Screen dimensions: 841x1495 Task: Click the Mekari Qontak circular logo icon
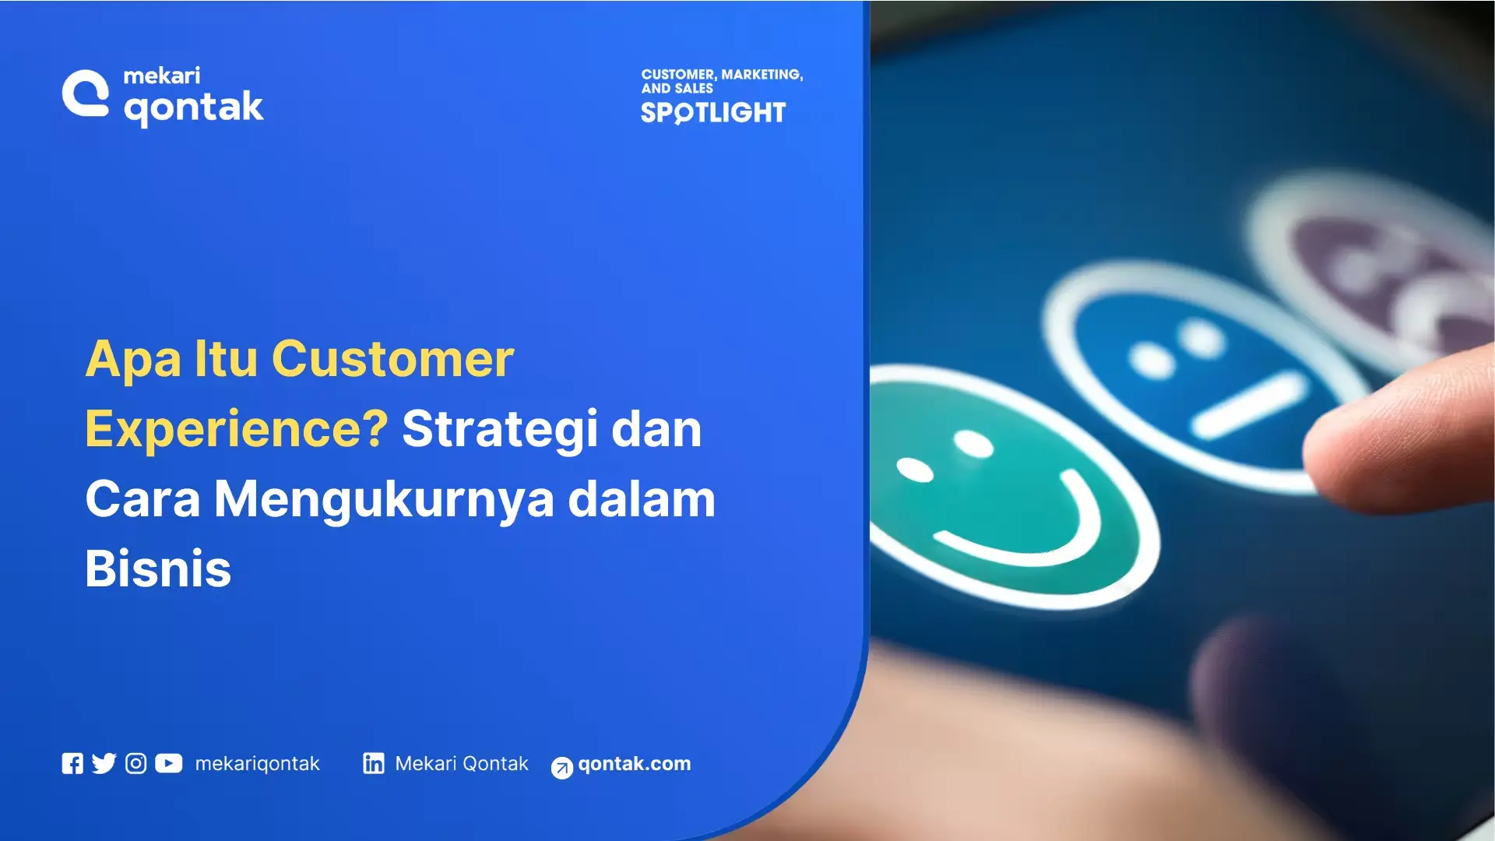86,94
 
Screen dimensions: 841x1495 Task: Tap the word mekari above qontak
161,76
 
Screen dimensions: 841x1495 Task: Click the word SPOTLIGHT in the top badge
712,113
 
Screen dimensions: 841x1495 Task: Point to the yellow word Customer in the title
392,359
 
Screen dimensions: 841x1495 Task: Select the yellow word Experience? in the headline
236,429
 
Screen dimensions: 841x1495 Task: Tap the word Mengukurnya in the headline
384,499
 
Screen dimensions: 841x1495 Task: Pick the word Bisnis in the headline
158,568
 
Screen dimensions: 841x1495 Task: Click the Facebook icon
72,763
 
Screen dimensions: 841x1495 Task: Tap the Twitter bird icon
104,763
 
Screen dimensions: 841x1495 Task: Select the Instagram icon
135,763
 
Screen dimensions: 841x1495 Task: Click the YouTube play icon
168,763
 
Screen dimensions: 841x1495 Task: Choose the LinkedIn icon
374,763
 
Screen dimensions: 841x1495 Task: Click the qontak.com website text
634,764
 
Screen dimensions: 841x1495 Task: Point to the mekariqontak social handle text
257,764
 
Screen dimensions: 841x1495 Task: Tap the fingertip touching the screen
1370,436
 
